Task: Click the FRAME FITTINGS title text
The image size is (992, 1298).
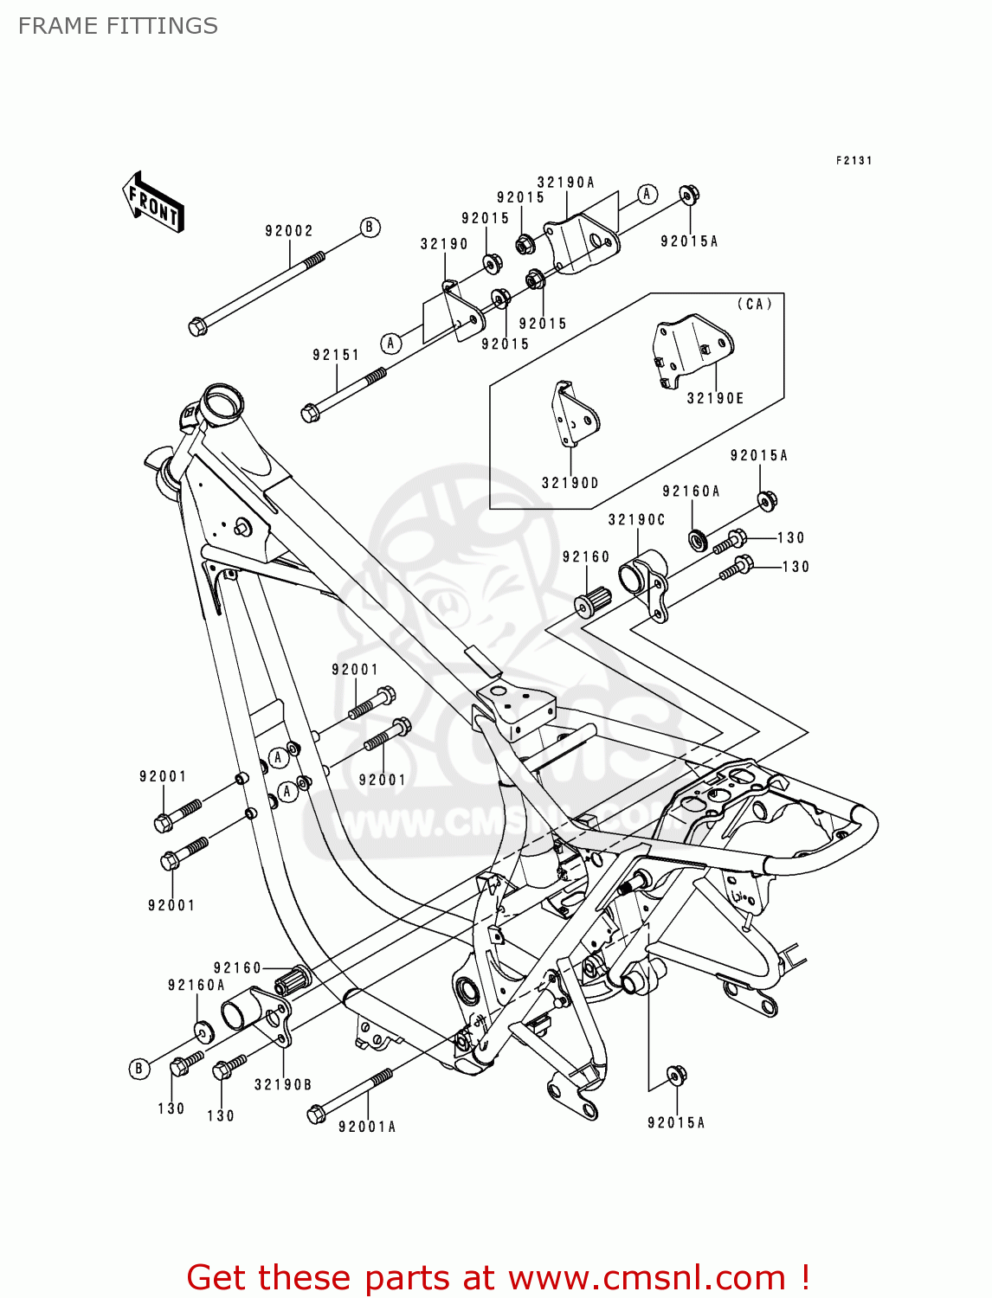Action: click(x=118, y=26)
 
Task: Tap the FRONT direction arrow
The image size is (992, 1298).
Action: click(x=153, y=202)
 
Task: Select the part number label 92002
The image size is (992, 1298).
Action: click(x=288, y=231)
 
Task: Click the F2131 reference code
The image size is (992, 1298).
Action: click(x=854, y=161)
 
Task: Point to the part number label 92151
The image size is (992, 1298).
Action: click(x=336, y=355)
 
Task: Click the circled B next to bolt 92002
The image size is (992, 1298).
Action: click(x=370, y=228)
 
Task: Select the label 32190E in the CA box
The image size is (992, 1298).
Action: click(x=715, y=399)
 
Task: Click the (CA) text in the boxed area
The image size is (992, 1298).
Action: click(x=754, y=305)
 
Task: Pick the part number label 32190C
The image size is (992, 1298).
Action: click(x=636, y=520)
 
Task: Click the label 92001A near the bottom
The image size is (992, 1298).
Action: click(x=367, y=1127)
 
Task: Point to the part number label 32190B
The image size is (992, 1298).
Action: click(x=283, y=1085)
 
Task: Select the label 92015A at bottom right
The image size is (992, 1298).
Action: click(x=676, y=1123)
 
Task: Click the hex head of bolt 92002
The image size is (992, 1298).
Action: click(x=197, y=327)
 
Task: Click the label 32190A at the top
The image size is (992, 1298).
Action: click(x=566, y=183)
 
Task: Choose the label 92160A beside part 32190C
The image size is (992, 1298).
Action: click(x=691, y=492)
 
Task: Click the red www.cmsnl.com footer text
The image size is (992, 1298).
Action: click(x=498, y=1277)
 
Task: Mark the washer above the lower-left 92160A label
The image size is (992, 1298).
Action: click(x=202, y=1030)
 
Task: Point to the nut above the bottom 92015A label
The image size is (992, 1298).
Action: click(x=676, y=1076)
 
